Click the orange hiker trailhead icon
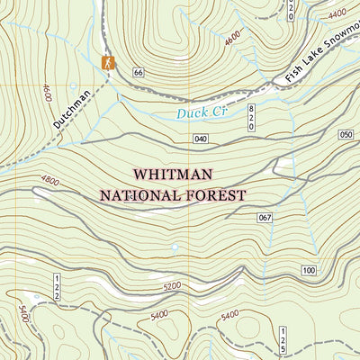click(x=108, y=62)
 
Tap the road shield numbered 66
click(x=138, y=72)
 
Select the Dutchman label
click(x=72, y=108)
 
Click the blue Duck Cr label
click(x=197, y=113)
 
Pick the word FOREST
click(x=217, y=193)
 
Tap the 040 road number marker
click(x=201, y=138)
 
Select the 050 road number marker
click(x=347, y=134)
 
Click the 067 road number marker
click(x=264, y=218)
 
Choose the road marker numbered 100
click(x=309, y=270)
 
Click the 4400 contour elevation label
click(x=337, y=14)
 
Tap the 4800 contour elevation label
click(x=49, y=181)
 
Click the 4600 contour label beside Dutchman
click(x=46, y=92)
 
